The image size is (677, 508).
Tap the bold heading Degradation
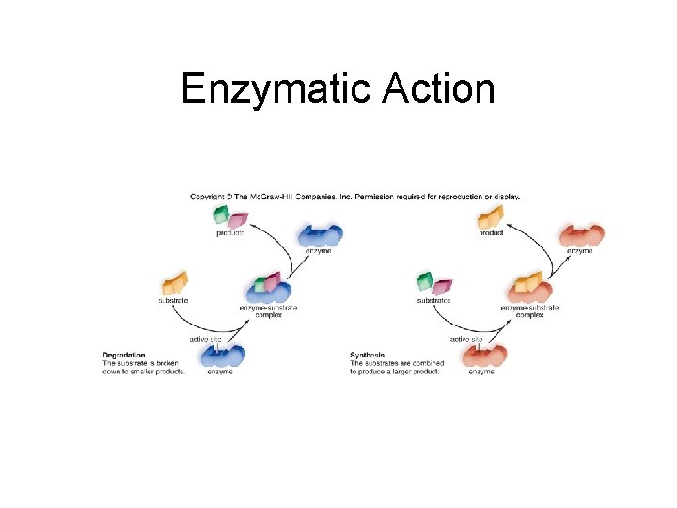pyautogui.click(x=124, y=355)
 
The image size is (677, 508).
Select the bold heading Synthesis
pyautogui.click(x=368, y=355)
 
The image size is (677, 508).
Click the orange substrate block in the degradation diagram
pyautogui.click(x=175, y=283)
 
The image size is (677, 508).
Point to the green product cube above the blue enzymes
pyautogui.click(x=222, y=214)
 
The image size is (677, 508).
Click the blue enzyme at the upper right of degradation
pyautogui.click(x=319, y=235)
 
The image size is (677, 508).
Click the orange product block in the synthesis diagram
pyautogui.click(x=491, y=218)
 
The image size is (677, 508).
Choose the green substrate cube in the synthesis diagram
pyautogui.click(x=426, y=281)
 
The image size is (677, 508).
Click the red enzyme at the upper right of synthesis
pyautogui.click(x=581, y=235)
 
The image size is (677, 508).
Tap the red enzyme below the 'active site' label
pyautogui.click(x=483, y=357)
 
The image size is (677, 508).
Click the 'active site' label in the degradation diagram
pyautogui.click(x=205, y=339)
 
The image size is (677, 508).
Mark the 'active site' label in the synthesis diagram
pyautogui.click(x=466, y=339)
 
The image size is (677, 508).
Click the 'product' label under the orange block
pyautogui.click(x=491, y=233)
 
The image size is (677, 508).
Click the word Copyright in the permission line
pyautogui.click(x=209, y=197)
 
